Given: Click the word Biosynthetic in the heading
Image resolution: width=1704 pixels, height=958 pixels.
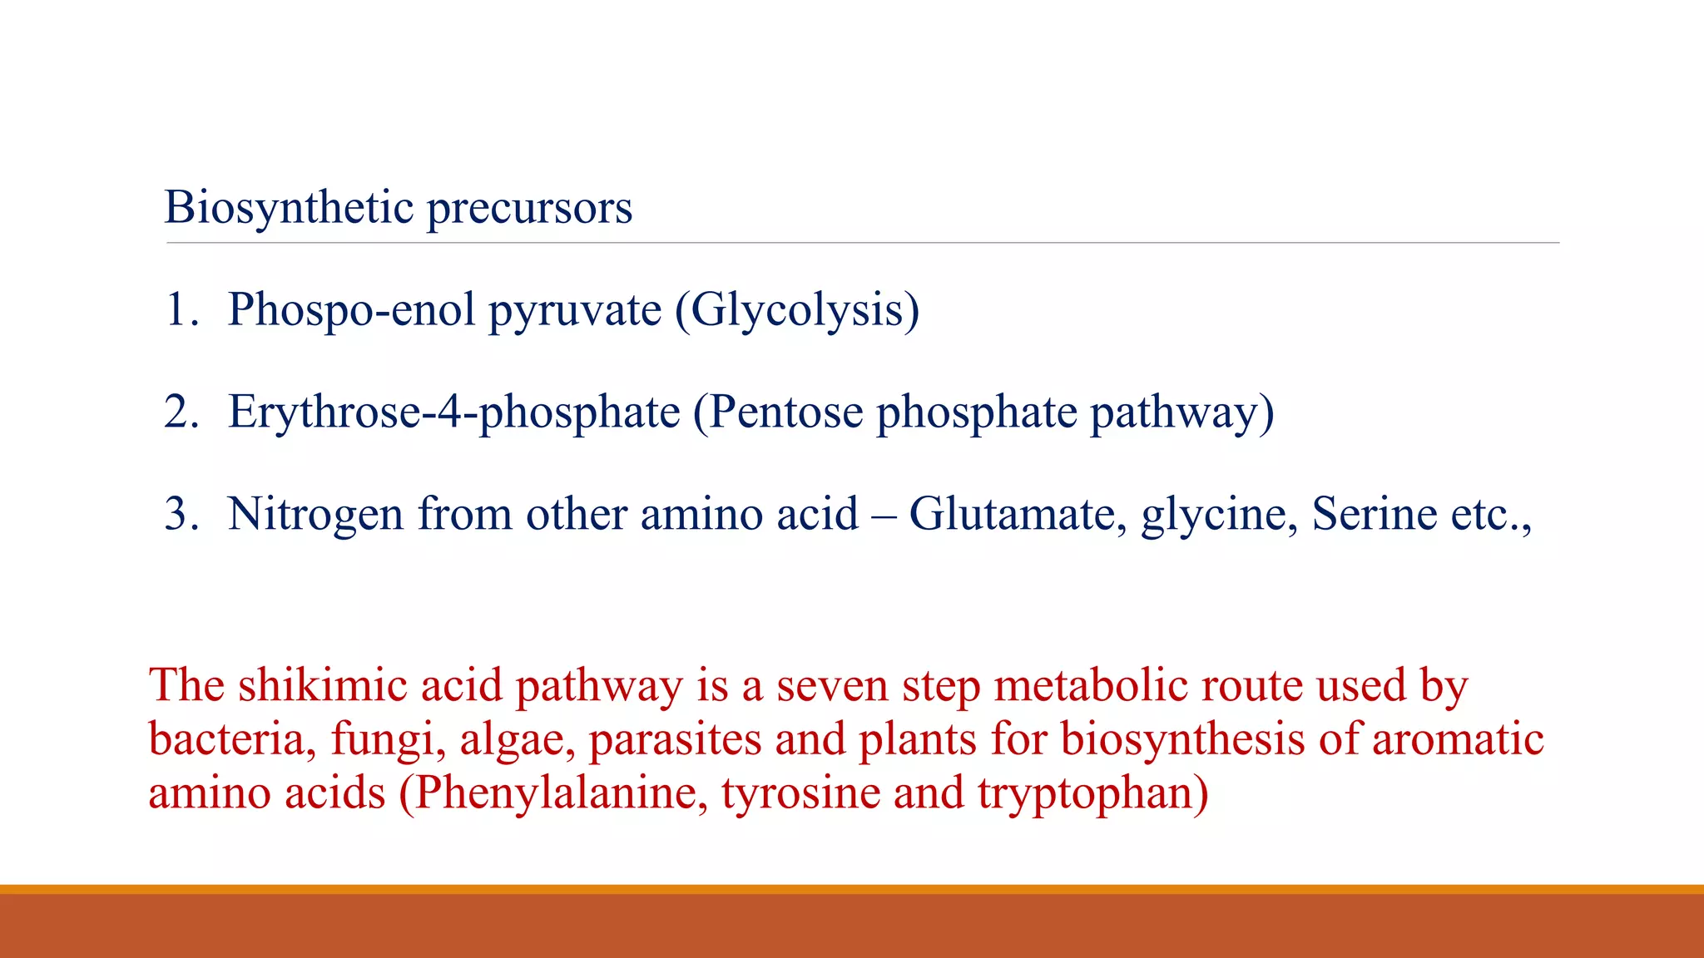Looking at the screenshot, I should pyautogui.click(x=289, y=207).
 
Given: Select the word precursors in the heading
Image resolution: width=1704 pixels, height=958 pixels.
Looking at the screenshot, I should pyautogui.click(x=529, y=209).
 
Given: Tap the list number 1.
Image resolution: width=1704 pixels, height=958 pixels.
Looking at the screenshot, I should pyautogui.click(x=181, y=309).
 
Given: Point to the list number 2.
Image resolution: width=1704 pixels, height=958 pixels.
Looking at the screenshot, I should pyautogui.click(x=181, y=412).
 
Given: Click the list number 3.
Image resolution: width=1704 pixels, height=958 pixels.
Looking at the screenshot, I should pyautogui.click(x=181, y=514).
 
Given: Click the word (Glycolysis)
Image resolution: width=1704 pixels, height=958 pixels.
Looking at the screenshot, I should pyautogui.click(x=797, y=309).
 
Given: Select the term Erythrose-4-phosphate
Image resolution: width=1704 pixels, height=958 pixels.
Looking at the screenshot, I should pyautogui.click(x=454, y=412).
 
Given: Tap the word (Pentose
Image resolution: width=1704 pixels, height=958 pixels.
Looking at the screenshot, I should pyautogui.click(x=779, y=412).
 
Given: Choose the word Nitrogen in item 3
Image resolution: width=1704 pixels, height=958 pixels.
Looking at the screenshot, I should pyautogui.click(x=315, y=514).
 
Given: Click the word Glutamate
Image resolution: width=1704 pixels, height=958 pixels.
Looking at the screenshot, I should pyautogui.click(x=1018, y=514).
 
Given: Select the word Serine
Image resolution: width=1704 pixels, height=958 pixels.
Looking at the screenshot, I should pyautogui.click(x=1374, y=514).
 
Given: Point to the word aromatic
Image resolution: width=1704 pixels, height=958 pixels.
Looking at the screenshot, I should pyautogui.click(x=1458, y=738).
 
